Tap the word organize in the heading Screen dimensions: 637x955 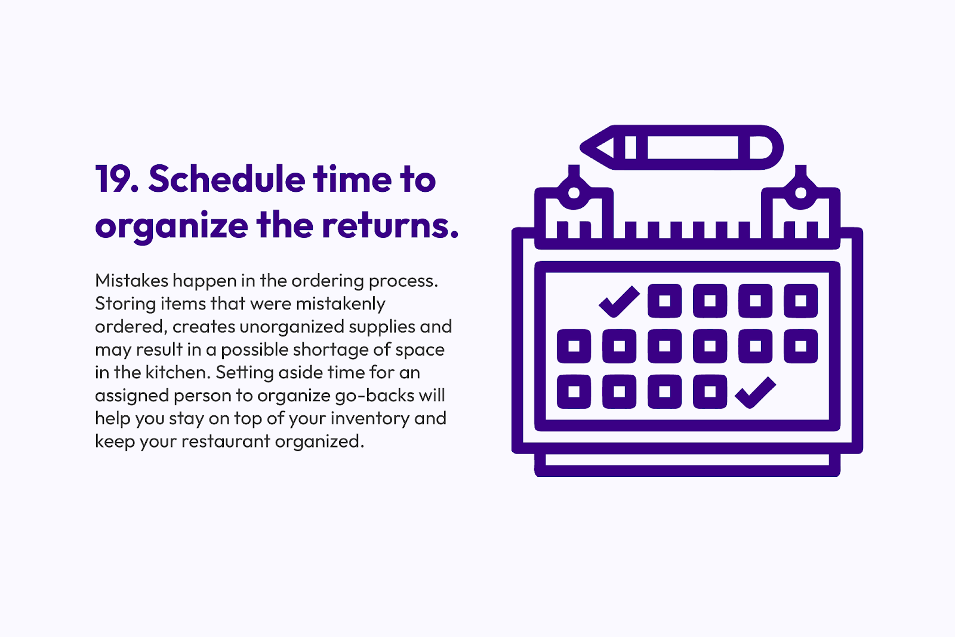pos(171,226)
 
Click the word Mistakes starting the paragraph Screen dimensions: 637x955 pos(131,280)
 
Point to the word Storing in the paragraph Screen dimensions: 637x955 pos(125,304)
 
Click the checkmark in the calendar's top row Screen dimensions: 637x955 pos(619,301)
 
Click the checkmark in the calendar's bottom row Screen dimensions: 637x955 pos(755,393)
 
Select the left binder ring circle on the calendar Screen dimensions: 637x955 pos(574,193)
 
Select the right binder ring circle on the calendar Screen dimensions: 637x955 pos(801,193)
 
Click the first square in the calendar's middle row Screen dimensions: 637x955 pos(574,347)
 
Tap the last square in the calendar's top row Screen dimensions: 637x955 pos(801,301)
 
